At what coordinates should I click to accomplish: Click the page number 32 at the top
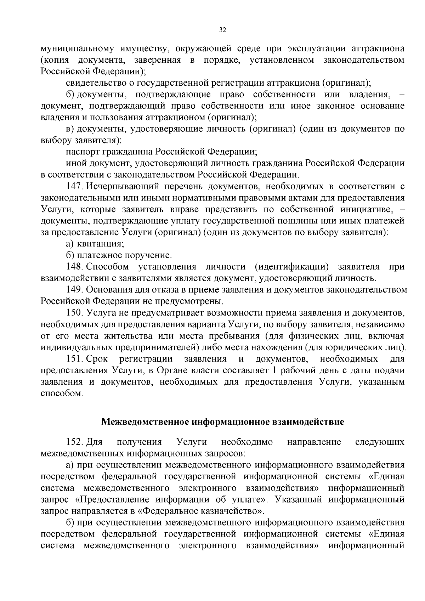(222, 30)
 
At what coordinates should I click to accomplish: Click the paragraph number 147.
(74, 186)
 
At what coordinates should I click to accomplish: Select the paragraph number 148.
(74, 266)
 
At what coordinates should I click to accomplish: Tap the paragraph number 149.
(74, 289)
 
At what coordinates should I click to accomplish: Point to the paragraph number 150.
(74, 312)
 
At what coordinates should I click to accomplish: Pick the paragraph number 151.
(74, 359)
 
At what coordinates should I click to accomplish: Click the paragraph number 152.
(74, 442)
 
